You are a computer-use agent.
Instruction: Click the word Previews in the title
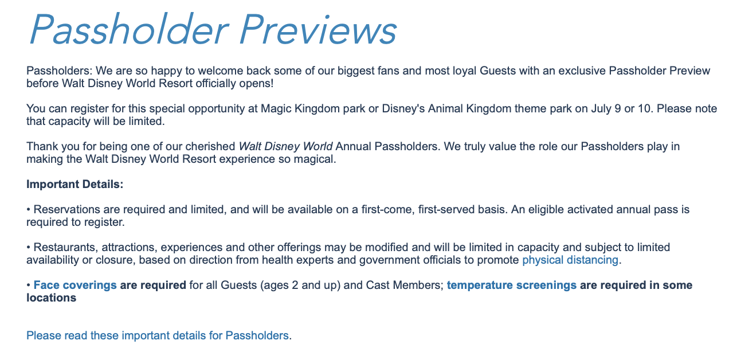coord(318,29)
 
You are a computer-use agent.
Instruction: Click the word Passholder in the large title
coord(128,29)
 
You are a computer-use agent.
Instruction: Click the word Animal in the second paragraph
coord(445,108)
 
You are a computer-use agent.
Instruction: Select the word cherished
coord(210,146)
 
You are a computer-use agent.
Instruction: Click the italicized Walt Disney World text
coord(285,146)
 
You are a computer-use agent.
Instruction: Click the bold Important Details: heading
coord(75,184)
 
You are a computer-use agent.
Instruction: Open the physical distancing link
coord(570,260)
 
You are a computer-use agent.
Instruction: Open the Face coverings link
coord(75,285)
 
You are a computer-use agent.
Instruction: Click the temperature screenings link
coord(512,285)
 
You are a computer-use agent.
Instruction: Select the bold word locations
coord(52,298)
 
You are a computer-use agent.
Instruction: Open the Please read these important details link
coord(157,336)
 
